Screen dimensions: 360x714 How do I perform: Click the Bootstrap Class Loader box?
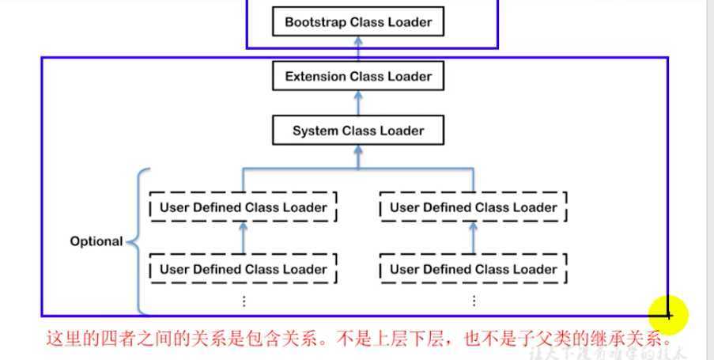358,22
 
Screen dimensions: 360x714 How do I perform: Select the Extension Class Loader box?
358,77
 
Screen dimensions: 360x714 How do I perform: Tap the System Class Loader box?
358,131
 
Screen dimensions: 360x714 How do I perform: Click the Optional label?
96,241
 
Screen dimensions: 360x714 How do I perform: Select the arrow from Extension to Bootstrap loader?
358,49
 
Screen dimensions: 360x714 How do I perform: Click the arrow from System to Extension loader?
358,104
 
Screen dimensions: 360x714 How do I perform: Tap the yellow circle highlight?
668,315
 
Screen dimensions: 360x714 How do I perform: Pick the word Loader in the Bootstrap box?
411,22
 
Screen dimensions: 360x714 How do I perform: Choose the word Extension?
315,77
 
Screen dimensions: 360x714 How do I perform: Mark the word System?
315,131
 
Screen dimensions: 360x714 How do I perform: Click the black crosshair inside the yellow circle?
668,315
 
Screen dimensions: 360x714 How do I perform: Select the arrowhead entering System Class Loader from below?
358,150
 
